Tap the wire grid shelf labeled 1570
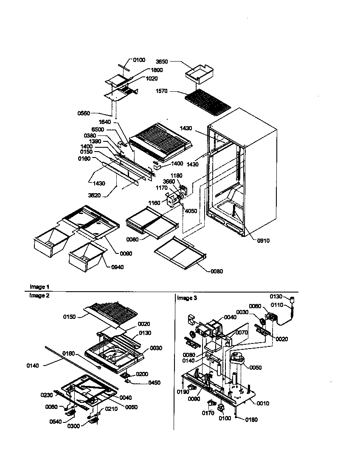point(208,100)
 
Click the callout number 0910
point(263,241)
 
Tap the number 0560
point(84,113)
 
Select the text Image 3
point(187,298)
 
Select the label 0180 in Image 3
point(251,420)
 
